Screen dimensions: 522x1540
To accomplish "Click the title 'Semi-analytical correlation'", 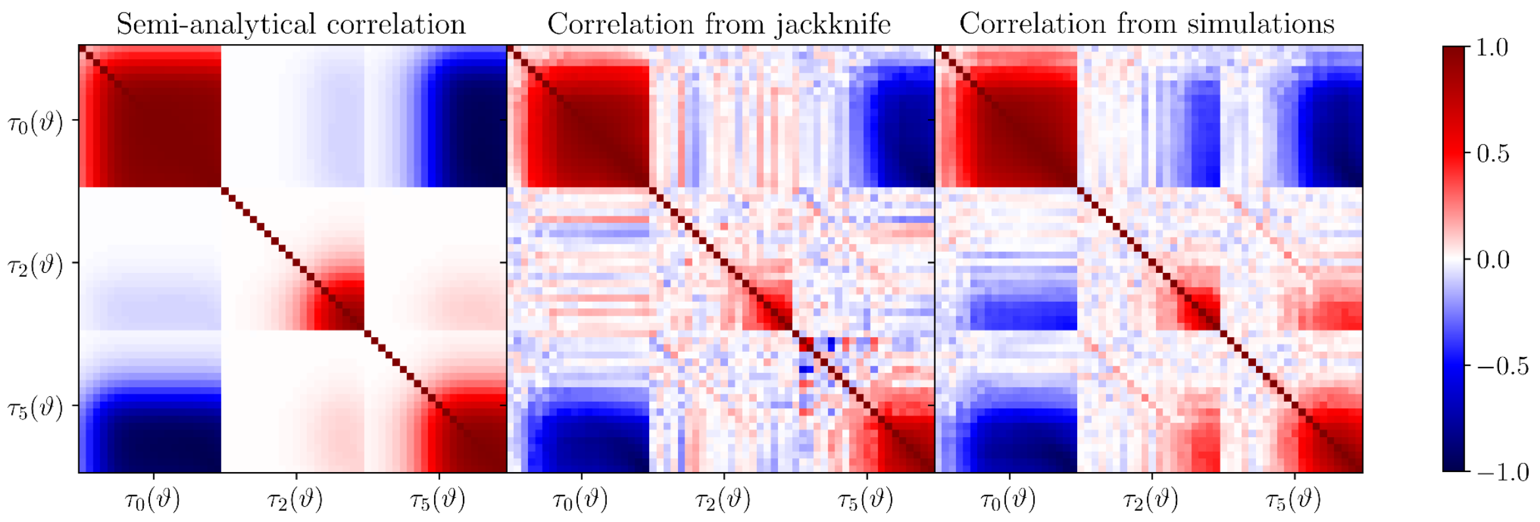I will [x=291, y=24].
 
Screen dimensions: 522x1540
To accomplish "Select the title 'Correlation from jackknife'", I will [x=719, y=24].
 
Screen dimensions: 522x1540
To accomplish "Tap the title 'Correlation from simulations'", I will [x=1147, y=24].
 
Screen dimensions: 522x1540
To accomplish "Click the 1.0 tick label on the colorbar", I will [x=1492, y=47].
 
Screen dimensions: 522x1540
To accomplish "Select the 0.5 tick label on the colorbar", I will [x=1492, y=154].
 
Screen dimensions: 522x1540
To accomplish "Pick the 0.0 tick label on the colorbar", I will [x=1492, y=260].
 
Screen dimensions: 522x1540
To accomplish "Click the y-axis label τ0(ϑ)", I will [x=36, y=122].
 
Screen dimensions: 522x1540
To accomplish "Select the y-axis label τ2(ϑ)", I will [x=36, y=265].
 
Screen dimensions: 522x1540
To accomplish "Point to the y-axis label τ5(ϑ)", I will [x=36, y=408].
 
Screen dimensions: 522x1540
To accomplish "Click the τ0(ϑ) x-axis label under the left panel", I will [x=153, y=500].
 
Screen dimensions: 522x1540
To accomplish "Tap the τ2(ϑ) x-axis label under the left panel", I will [x=295, y=500].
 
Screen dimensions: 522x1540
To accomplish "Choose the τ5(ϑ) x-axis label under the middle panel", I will [x=866, y=500].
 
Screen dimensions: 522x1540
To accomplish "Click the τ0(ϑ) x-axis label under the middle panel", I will [x=581, y=500].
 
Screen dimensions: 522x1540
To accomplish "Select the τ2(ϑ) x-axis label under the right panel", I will [x=1151, y=500].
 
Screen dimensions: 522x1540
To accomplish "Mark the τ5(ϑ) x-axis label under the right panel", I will [x=1293, y=500].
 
